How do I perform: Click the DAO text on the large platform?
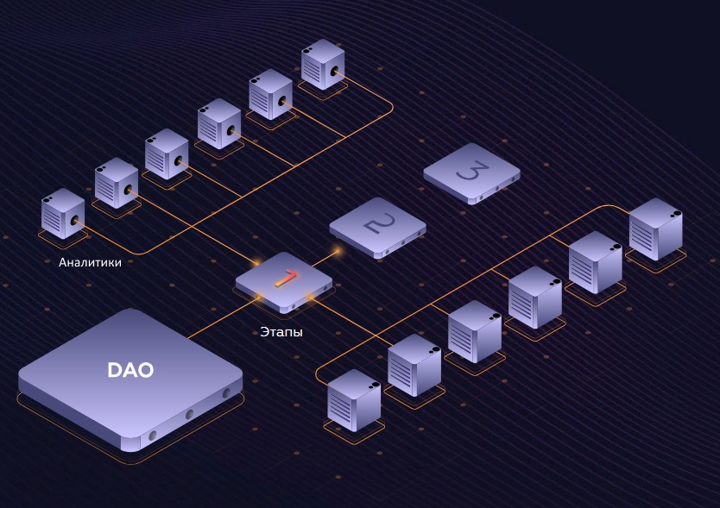(130, 370)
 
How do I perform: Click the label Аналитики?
(90, 262)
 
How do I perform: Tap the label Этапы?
(281, 331)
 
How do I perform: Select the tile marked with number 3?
(471, 172)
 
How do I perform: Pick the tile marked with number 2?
(377, 227)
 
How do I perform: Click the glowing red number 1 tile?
(284, 279)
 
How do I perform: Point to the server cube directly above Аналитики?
(63, 213)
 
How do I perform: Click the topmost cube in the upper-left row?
(323, 63)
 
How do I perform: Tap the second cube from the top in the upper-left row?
(271, 93)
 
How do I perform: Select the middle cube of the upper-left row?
(219, 123)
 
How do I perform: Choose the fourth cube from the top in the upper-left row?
(167, 154)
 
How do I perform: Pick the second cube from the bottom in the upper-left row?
(116, 183)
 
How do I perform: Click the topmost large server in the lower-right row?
(655, 229)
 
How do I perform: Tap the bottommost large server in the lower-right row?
(354, 399)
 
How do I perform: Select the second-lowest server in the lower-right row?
(414, 365)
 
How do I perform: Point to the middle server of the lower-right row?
(474, 331)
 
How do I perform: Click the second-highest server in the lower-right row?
(595, 262)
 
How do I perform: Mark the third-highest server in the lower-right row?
(534, 297)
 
